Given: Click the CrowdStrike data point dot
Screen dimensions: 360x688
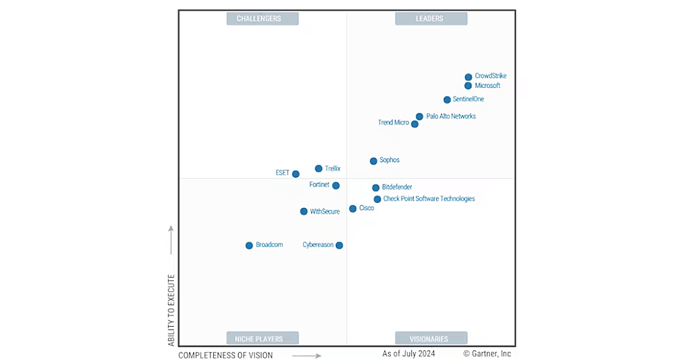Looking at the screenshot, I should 468,77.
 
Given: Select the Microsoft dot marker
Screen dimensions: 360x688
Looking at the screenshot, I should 468,86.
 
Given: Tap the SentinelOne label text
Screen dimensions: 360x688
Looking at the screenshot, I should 468,99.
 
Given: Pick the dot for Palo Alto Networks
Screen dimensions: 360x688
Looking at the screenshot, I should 420,116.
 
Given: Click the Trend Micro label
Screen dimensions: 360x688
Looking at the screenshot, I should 393,123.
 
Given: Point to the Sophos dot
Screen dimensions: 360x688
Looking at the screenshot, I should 373,161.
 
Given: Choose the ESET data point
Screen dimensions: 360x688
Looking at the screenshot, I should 296,174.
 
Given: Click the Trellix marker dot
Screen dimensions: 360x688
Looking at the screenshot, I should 319,169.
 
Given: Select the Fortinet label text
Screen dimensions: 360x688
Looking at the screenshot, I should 319,185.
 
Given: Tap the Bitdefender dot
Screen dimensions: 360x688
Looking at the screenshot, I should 376,187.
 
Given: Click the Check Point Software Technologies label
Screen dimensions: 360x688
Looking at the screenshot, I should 429,199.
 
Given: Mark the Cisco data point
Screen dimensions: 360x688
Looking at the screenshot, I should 353,209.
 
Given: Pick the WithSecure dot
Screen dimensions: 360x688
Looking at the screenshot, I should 304,212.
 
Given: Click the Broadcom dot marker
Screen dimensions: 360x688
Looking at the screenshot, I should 249,245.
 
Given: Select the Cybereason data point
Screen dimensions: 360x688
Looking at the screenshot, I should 339,245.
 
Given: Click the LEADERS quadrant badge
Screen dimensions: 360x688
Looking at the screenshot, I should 431,18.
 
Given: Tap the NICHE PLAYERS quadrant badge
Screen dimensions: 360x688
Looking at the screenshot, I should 263,338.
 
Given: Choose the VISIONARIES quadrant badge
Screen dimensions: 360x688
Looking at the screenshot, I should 431,338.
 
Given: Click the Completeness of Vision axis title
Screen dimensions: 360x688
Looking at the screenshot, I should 225,355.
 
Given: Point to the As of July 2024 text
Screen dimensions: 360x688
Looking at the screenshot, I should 409,353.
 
